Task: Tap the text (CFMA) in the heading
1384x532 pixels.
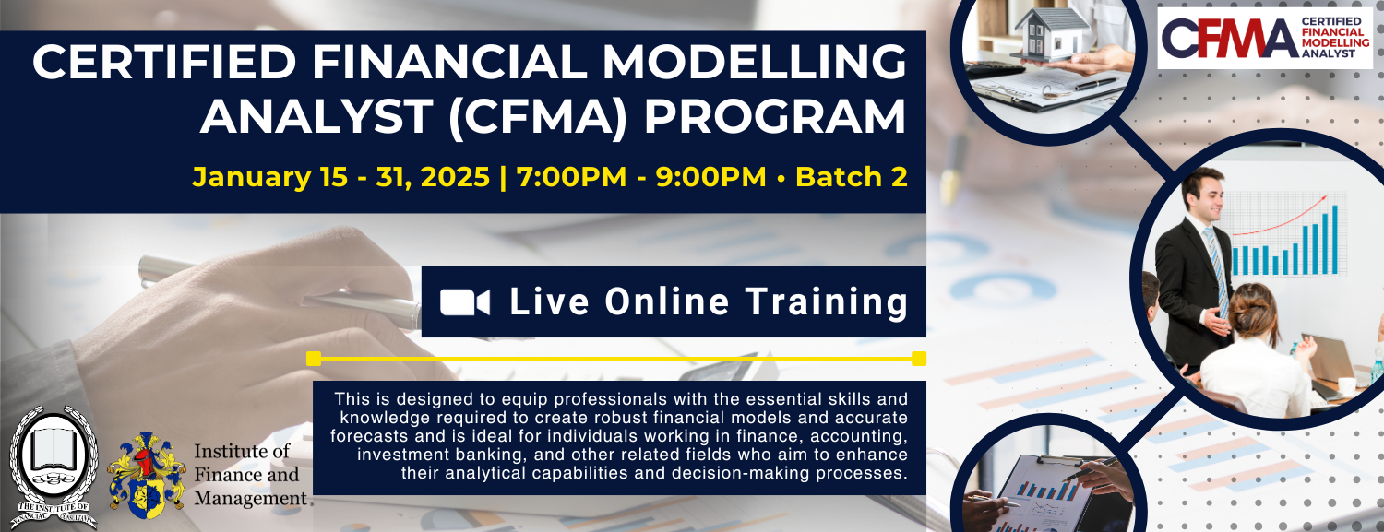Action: pyautogui.click(x=538, y=117)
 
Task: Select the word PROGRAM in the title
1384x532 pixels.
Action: pyautogui.click(x=775, y=116)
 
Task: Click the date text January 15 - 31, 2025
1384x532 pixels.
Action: pyautogui.click(x=341, y=177)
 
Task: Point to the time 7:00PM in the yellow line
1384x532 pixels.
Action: pyautogui.click(x=571, y=177)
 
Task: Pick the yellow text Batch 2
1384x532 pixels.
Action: pyautogui.click(x=852, y=177)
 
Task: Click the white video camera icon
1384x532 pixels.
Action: pyautogui.click(x=465, y=302)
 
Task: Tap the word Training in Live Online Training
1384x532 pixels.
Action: pyautogui.click(x=827, y=303)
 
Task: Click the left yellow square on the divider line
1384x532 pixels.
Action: pyautogui.click(x=314, y=359)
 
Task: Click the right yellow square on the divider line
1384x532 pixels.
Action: pyautogui.click(x=919, y=359)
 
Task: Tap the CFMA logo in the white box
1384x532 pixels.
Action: pyautogui.click(x=1265, y=38)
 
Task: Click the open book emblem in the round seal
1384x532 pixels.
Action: pyautogui.click(x=54, y=451)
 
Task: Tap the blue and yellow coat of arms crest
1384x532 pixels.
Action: pyautogui.click(x=147, y=475)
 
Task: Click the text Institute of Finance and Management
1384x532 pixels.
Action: pyautogui.click(x=251, y=475)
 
